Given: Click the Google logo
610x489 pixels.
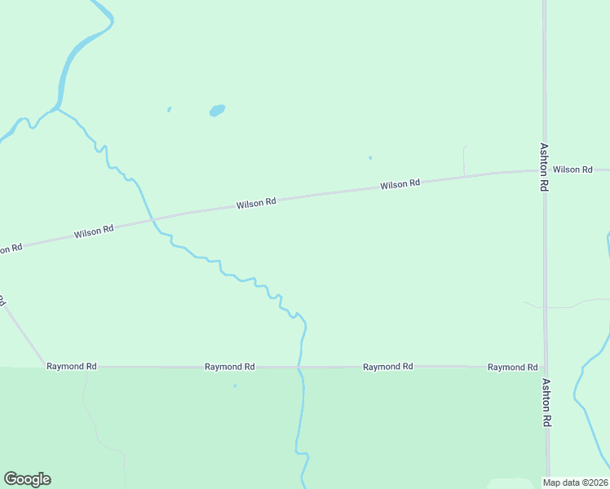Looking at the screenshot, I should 27,479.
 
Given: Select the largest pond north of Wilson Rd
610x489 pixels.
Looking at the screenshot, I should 217,110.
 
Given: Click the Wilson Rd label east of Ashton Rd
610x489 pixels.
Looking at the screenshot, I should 572,170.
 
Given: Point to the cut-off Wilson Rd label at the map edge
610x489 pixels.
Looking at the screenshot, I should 10,248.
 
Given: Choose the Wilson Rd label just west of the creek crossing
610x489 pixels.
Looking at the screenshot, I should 94,232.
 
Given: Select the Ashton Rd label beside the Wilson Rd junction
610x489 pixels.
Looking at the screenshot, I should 544,167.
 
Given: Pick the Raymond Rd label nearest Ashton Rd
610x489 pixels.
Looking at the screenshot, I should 512,368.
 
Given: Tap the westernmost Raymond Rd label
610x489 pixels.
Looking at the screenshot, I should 72,367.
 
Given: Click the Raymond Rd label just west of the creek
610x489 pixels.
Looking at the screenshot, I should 230,367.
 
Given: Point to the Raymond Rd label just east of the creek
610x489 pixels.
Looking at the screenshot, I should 388,367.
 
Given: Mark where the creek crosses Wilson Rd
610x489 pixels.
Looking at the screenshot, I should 152,220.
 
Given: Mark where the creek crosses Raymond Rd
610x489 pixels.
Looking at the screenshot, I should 300,367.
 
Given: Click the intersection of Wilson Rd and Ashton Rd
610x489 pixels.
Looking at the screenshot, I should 544,170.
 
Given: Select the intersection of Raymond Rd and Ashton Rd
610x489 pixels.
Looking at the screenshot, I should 546,367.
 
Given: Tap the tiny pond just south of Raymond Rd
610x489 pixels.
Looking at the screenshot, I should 235,385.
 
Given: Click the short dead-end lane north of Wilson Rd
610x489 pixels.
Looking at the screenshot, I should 464,160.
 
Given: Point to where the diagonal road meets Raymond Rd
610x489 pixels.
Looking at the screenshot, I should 45,367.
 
